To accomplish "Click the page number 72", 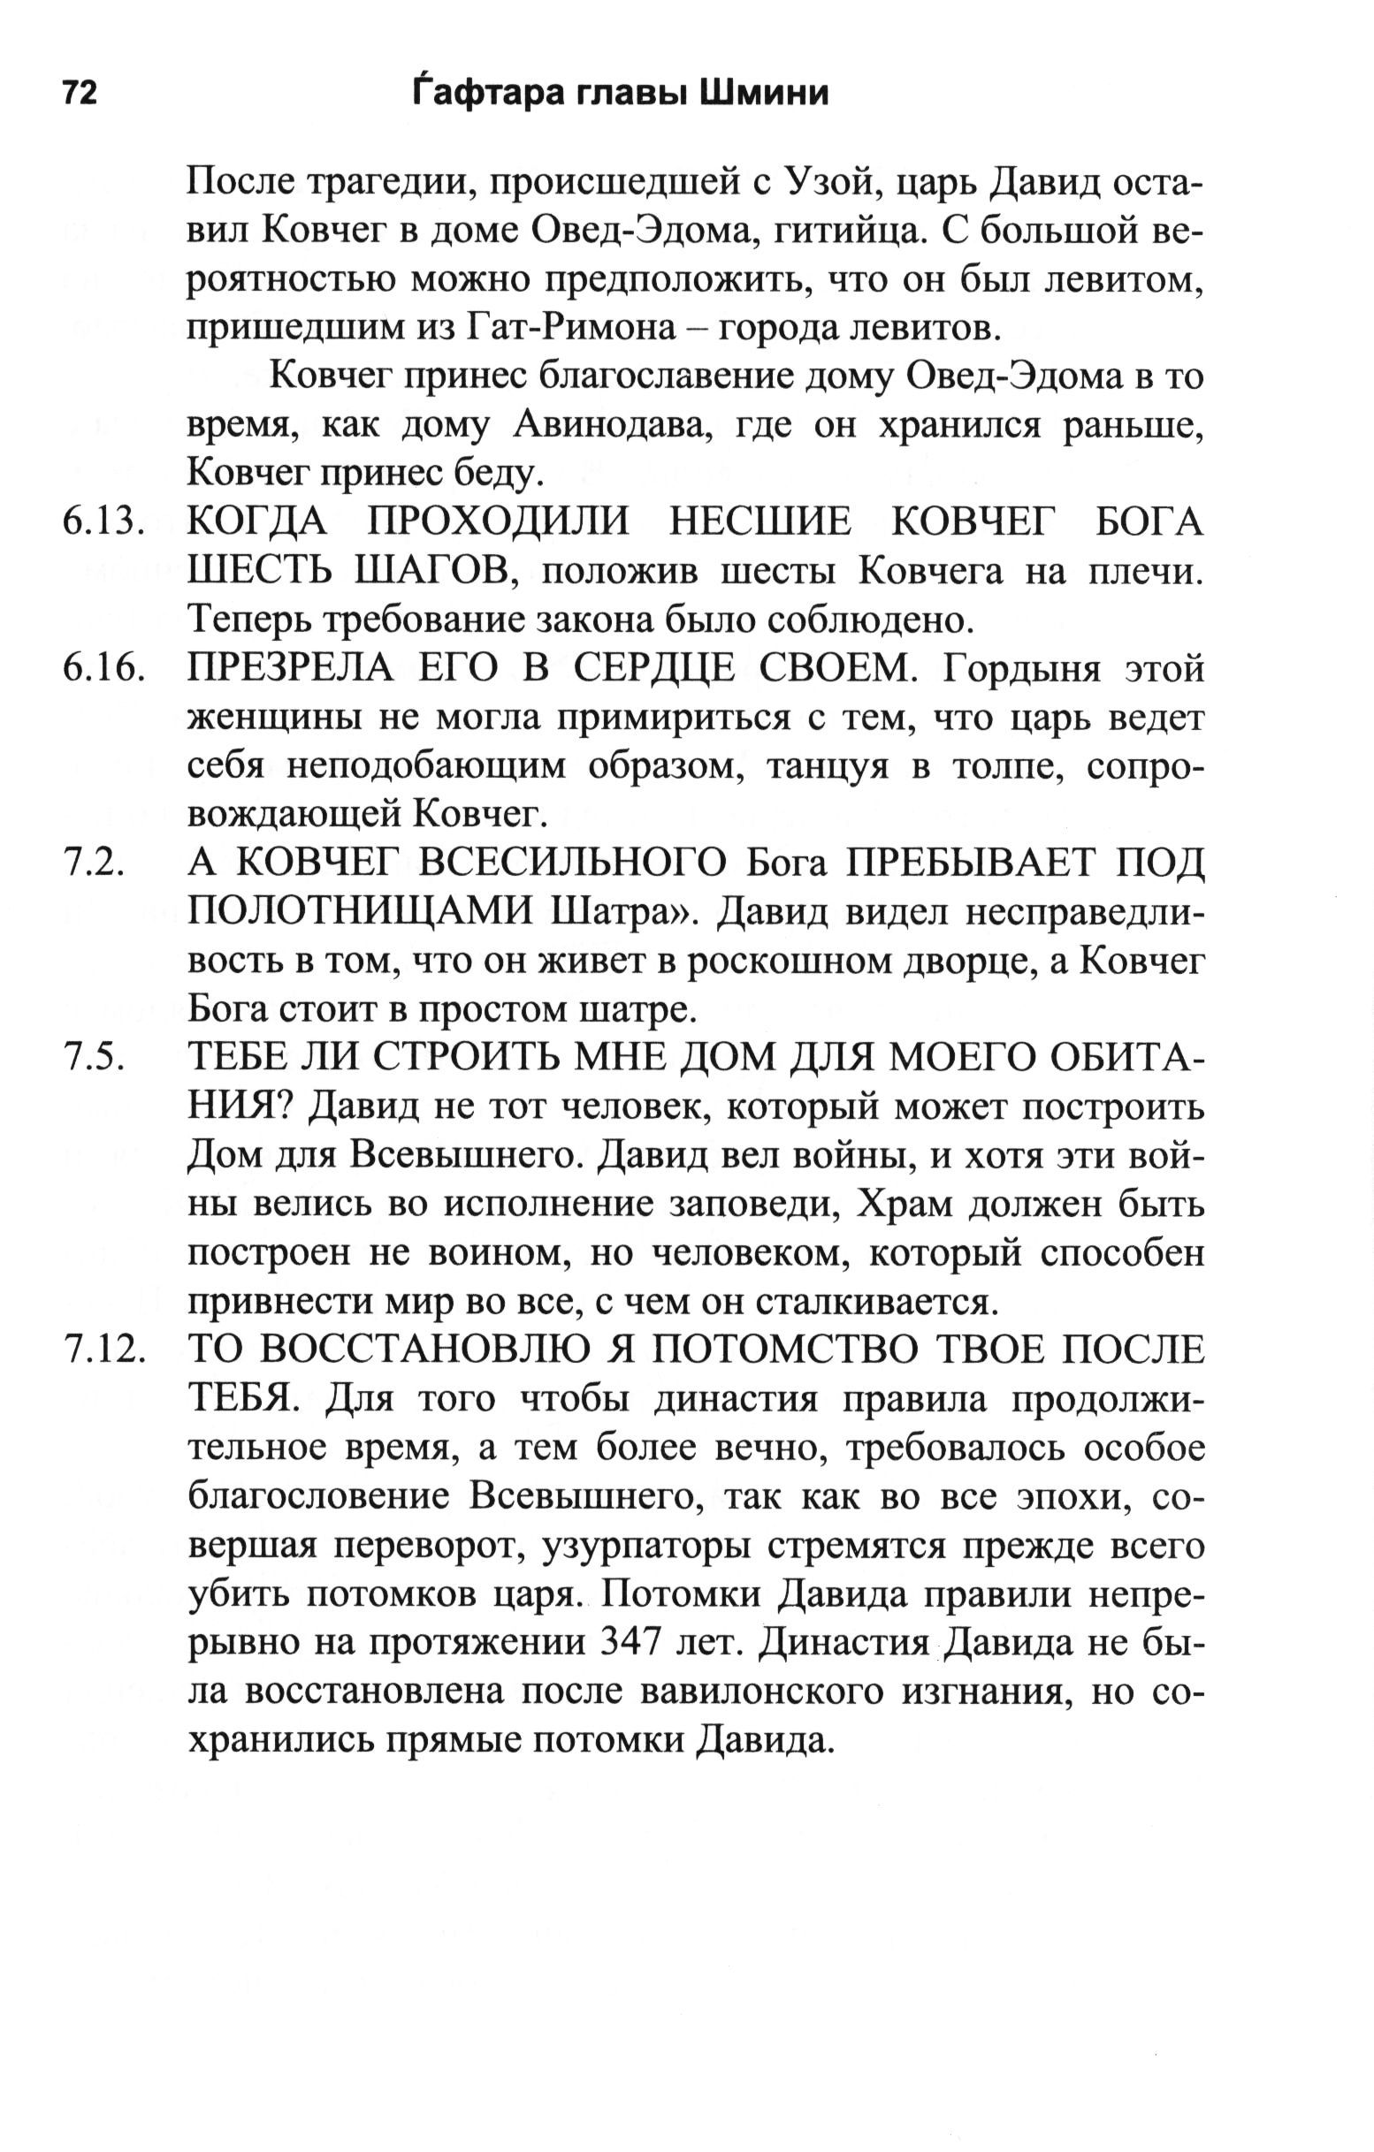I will click(x=79, y=93).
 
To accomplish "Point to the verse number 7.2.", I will click(x=93, y=863).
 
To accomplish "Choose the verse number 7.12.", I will click(x=103, y=1350).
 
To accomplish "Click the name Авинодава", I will click(x=613, y=426).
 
